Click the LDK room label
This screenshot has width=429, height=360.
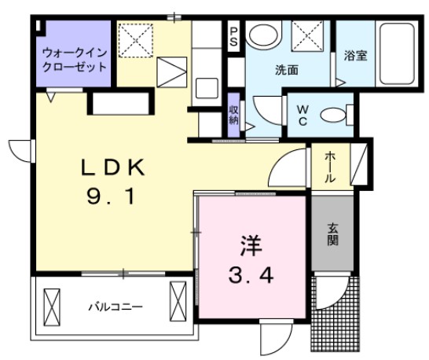[113, 168]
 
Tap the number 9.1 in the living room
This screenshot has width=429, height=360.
[113, 197]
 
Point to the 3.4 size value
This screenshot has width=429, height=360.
[250, 275]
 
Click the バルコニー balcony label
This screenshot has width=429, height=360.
[110, 307]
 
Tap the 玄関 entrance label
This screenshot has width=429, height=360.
[332, 233]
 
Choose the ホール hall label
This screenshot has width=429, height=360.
[330, 167]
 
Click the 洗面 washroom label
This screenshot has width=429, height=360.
[285, 70]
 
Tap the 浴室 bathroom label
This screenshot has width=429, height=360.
[355, 55]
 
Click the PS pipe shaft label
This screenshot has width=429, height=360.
[234, 37]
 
